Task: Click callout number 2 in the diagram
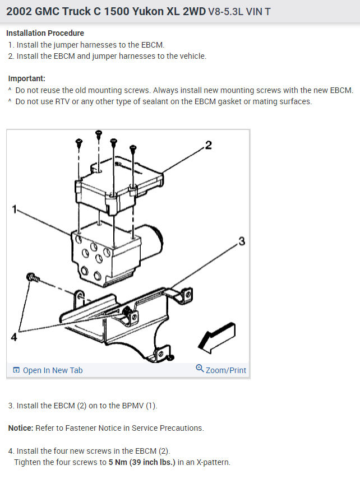click(x=209, y=145)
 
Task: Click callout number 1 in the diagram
click(x=14, y=210)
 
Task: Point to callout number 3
click(x=242, y=241)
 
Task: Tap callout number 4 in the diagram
click(x=14, y=337)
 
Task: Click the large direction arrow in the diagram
click(x=217, y=337)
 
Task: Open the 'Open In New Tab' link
click(x=48, y=370)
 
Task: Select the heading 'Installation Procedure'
click(x=45, y=33)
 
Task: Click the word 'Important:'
click(x=26, y=78)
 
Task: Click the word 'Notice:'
click(x=21, y=428)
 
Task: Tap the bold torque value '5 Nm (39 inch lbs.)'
click(x=142, y=462)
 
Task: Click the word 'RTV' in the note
click(x=62, y=101)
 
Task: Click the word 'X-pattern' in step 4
click(x=213, y=462)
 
